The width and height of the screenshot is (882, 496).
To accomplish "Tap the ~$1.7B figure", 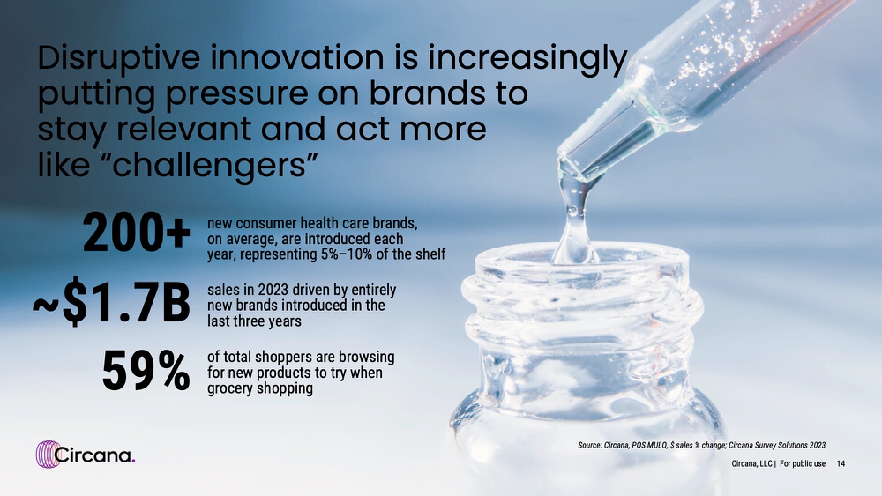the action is pos(112,303).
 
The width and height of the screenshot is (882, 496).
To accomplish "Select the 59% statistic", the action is pos(146,370).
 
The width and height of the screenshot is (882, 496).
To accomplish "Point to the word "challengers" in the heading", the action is pos(210,164).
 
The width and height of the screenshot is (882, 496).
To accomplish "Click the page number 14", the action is pos(841,463).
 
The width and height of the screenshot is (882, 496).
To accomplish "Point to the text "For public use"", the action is pos(802,463).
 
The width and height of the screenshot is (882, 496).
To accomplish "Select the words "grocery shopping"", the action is pos(260,389).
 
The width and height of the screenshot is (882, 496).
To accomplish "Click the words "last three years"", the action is pos(254,321).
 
